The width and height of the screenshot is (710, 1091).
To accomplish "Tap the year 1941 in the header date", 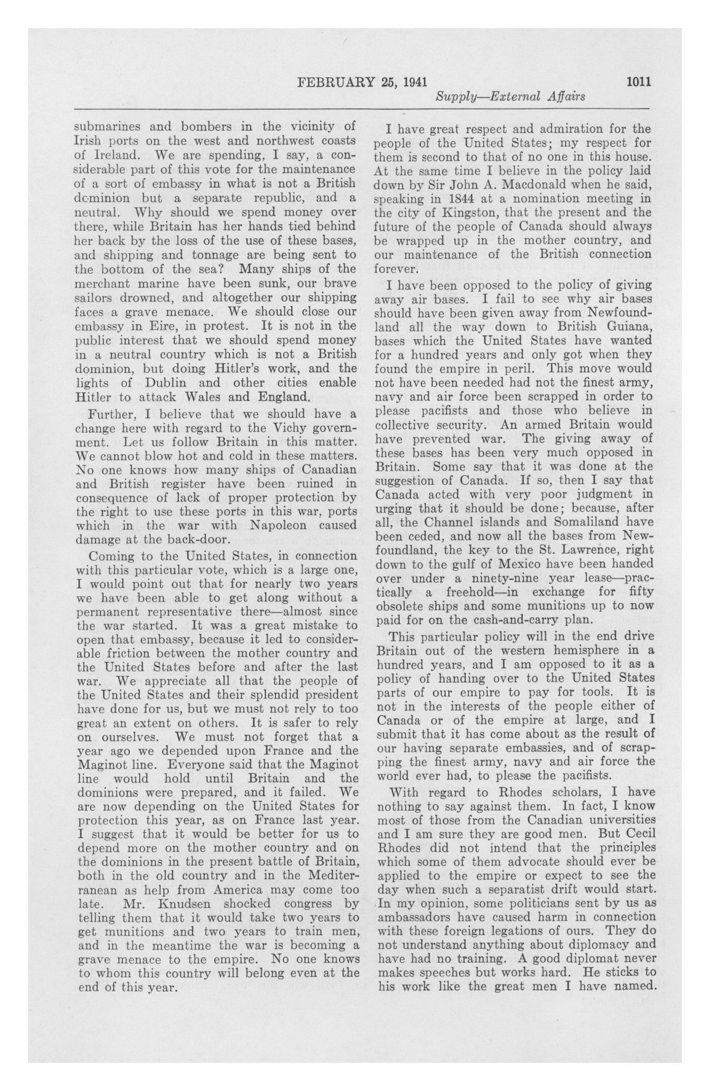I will coord(413,82).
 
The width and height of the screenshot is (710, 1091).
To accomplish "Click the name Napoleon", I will coord(270,525).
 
